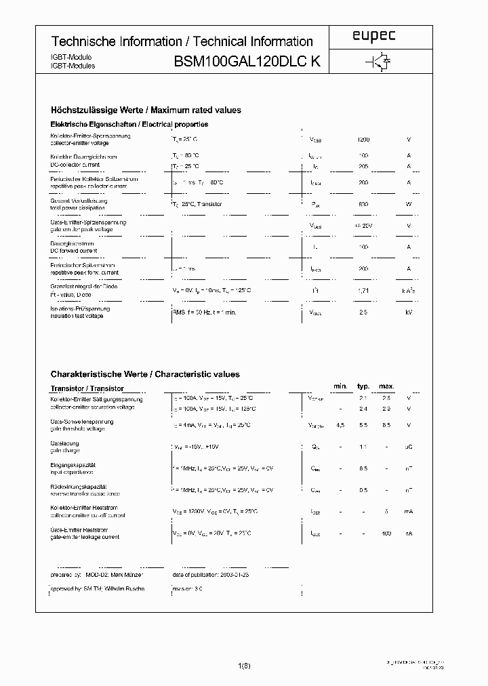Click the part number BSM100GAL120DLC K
pyautogui.click(x=247, y=62)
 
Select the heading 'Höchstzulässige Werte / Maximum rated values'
pyautogui.click(x=146, y=110)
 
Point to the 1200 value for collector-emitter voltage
pyautogui.click(x=363, y=140)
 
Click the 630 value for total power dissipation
pyautogui.click(x=363, y=204)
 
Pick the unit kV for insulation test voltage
pyautogui.click(x=409, y=312)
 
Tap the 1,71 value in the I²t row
pyautogui.click(x=363, y=290)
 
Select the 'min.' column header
pyautogui.click(x=340, y=386)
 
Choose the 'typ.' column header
pyautogui.click(x=363, y=386)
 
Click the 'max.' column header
pyautogui.click(x=386, y=386)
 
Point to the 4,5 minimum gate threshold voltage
pyautogui.click(x=340, y=425)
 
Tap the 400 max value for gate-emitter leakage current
pyautogui.click(x=386, y=533)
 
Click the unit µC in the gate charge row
pyautogui.click(x=409, y=447)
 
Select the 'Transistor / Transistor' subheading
pyautogui.click(x=87, y=388)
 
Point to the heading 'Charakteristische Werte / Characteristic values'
pyautogui.click(x=145, y=374)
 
